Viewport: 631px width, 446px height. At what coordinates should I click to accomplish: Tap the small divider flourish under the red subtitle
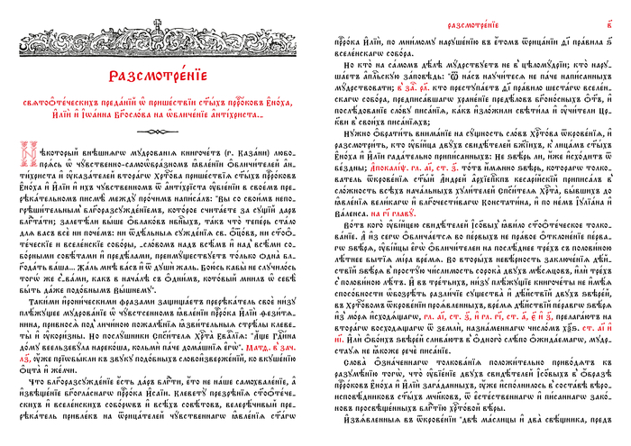(x=159, y=131)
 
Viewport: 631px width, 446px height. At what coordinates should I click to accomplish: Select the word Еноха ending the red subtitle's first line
(x=281, y=103)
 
